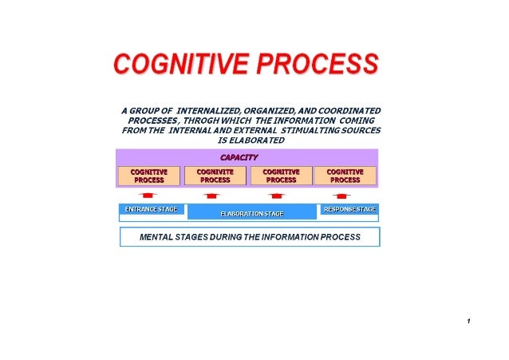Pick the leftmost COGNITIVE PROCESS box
click(149, 176)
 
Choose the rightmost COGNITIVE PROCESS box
click(345, 176)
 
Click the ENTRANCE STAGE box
click(151, 209)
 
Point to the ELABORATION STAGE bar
click(251, 214)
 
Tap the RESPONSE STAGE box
click(349, 209)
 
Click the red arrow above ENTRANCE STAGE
click(147, 195)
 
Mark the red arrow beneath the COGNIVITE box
click(211, 195)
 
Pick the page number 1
click(468, 322)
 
